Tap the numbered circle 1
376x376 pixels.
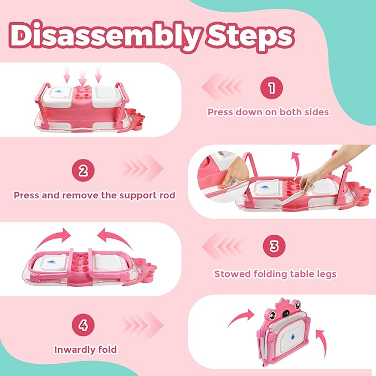coord(271,87)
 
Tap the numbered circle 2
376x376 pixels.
coord(83,170)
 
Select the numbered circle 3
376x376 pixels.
coord(274,246)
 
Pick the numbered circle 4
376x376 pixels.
coord(83,325)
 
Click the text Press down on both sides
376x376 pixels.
coord(268,112)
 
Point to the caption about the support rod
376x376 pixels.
coord(95,195)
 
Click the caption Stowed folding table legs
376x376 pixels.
coord(275,274)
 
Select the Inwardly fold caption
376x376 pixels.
coord(86,349)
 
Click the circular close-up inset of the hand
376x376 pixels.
coord(222,176)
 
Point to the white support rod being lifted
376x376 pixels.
coord(293,194)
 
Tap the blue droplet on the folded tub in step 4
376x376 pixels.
coord(293,337)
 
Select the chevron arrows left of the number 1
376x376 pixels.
coord(223,87)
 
